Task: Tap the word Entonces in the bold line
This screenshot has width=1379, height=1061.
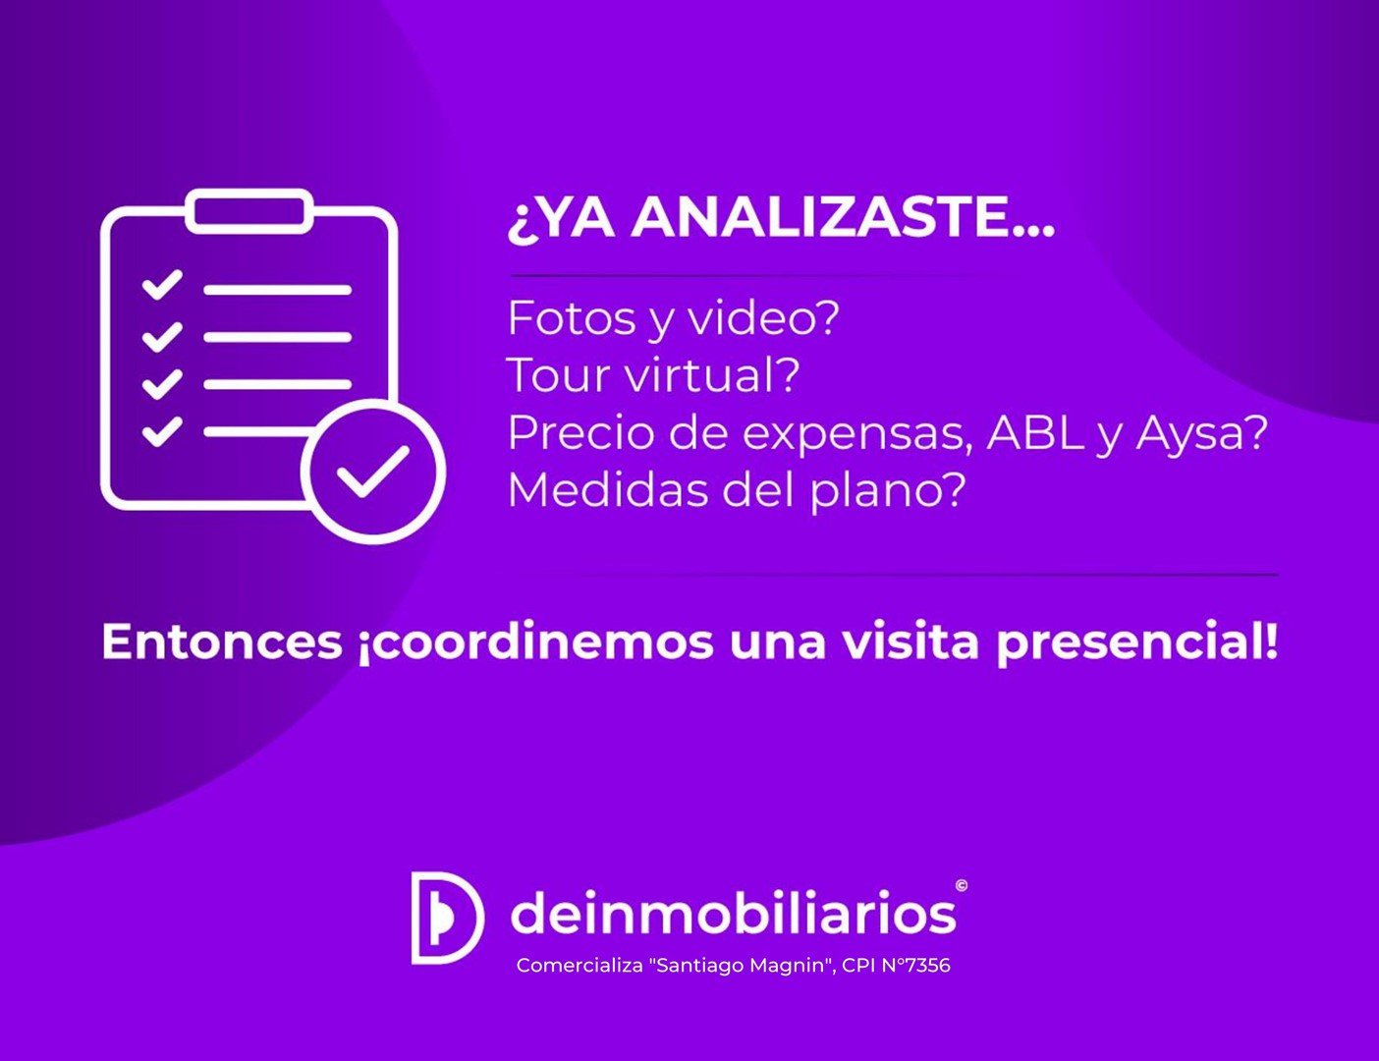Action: click(221, 642)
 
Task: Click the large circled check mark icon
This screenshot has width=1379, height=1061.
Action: click(373, 472)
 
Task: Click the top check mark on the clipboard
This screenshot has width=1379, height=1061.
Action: click(162, 284)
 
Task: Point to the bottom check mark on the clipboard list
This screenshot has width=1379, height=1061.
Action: click(162, 431)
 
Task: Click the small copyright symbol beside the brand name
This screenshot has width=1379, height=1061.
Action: click(961, 885)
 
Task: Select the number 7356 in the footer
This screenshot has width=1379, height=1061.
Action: click(928, 965)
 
